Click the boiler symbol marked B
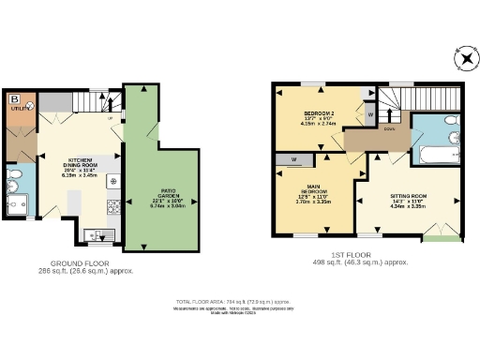(x=14, y=98)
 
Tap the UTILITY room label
(x=16, y=109)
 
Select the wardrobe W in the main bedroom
(x=294, y=159)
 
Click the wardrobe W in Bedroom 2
(x=369, y=114)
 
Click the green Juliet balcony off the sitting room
(x=439, y=239)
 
